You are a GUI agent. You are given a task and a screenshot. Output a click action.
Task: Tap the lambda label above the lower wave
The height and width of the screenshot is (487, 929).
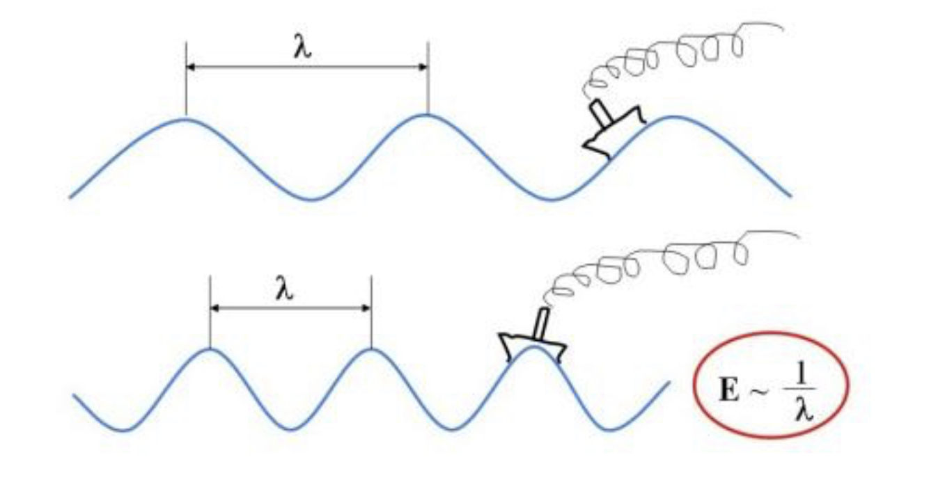pos(283,289)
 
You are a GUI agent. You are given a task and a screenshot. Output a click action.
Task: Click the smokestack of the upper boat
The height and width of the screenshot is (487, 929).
pos(600,112)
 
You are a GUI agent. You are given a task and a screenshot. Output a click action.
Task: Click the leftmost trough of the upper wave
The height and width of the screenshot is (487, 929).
pos(313,200)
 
